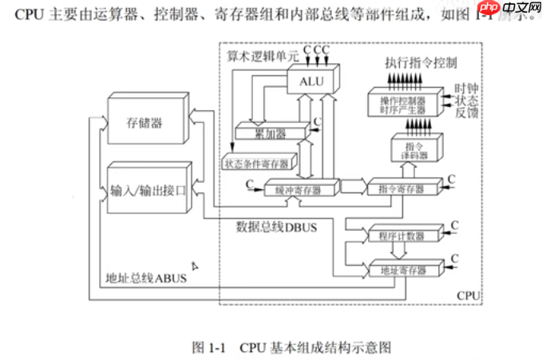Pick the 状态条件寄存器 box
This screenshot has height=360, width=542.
[x=257, y=163]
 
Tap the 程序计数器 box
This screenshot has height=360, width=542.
[x=401, y=236]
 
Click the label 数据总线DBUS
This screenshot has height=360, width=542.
[x=277, y=227]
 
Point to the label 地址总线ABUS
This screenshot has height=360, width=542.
[x=145, y=279]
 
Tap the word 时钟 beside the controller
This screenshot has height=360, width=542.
[x=467, y=89]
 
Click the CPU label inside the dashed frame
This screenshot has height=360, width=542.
[x=468, y=295]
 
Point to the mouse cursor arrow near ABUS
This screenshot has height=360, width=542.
[x=194, y=266]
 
